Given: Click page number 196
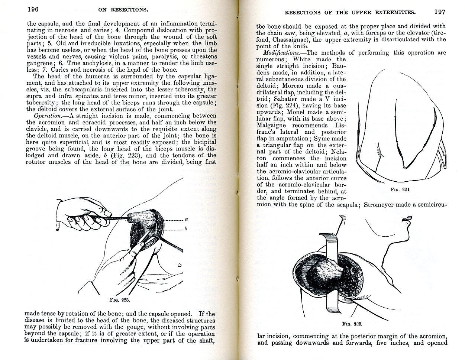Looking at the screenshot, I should (33, 9).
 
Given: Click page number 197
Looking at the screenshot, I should (440, 12).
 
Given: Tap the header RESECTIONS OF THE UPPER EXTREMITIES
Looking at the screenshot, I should (349, 13).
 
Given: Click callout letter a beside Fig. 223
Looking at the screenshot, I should (186, 220).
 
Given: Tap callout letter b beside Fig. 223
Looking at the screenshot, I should (186, 229).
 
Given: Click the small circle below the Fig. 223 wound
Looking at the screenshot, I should (179, 266).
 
